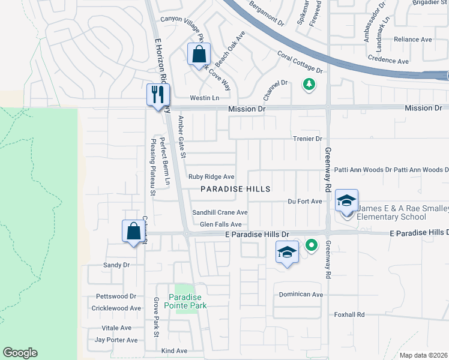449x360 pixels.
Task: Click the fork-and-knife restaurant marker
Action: click(x=158, y=95)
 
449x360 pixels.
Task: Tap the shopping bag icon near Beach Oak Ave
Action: click(x=199, y=55)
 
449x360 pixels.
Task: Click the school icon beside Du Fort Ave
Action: click(x=346, y=200)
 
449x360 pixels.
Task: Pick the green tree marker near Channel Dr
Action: click(x=309, y=85)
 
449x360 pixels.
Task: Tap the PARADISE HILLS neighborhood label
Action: click(x=235, y=189)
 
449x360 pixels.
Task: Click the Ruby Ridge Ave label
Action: click(x=211, y=176)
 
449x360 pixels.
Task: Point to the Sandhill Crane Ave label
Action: click(x=220, y=212)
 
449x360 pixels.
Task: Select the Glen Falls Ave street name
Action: click(x=220, y=224)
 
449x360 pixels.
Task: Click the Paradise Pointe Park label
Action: click(x=187, y=301)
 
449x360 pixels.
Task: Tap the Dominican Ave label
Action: click(x=301, y=295)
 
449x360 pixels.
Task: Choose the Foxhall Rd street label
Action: click(x=349, y=314)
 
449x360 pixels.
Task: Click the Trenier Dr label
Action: click(x=307, y=139)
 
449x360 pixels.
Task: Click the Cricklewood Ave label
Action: click(x=116, y=308)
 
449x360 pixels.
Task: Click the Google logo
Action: click(x=20, y=353)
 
